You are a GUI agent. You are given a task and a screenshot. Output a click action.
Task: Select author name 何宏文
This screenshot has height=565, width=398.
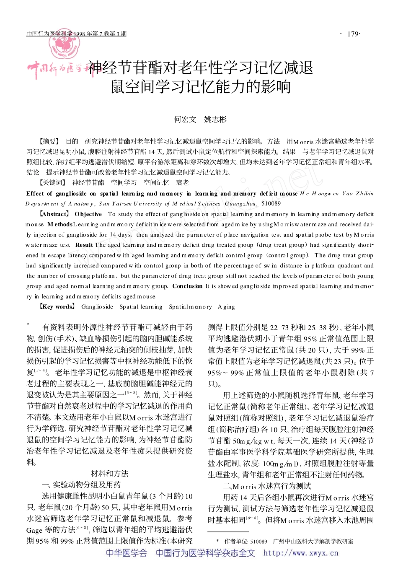[185, 119]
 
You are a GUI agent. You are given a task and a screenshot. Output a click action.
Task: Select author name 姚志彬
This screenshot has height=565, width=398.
[215, 119]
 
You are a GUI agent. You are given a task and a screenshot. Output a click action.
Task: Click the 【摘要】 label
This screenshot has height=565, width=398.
[49, 141]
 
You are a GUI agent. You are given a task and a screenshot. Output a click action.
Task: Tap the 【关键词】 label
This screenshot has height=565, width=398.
[52, 182]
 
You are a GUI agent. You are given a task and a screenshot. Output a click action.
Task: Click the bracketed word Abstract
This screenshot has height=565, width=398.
[54, 214]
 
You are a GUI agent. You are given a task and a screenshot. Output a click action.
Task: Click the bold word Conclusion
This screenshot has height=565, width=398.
[187, 286]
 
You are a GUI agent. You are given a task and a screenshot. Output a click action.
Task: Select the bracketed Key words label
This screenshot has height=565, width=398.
[57, 307]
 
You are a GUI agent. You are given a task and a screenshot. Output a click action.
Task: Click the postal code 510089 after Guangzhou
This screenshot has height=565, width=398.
[271, 204]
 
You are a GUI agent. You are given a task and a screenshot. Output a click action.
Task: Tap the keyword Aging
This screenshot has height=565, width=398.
[226, 307]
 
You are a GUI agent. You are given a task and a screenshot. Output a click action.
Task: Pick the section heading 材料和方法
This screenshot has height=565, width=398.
[109, 474]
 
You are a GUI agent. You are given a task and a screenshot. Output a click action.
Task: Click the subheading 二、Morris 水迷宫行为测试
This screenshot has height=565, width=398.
[267, 486]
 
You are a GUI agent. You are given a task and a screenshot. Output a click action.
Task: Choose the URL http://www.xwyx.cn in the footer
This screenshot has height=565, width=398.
[300, 553]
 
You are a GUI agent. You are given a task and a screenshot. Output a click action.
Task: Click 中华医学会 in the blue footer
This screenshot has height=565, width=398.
[127, 553]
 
